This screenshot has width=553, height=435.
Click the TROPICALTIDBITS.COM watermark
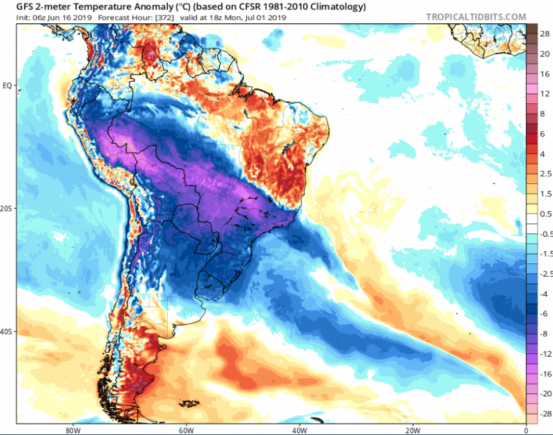tap(476, 17)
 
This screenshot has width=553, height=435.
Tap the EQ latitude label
tap(7, 86)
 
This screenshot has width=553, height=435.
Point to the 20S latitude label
tap(7, 209)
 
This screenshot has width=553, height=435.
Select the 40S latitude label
tap(7, 332)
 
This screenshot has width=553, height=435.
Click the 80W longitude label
tap(73, 430)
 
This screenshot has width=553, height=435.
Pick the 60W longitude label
tap(186, 430)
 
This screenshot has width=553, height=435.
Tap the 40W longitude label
tap(299, 430)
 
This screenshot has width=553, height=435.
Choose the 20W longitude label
tap(412, 430)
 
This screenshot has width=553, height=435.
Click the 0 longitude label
tap(526, 430)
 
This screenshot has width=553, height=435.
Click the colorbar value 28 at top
tap(545, 34)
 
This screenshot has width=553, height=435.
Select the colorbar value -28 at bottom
tap(545, 414)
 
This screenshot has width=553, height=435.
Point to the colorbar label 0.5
tap(545, 214)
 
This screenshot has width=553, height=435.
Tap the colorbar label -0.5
tap(545, 234)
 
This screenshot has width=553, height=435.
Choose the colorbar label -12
tap(545, 354)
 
